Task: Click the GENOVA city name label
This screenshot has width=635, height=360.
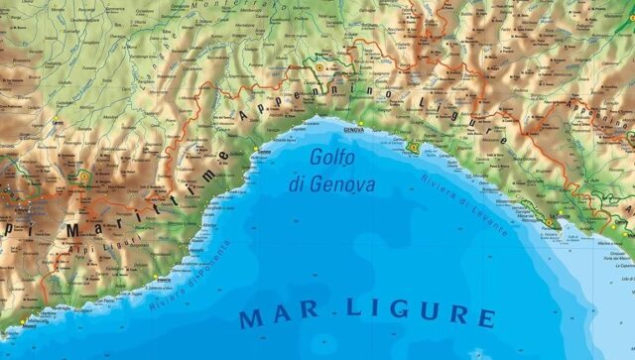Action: (353, 130)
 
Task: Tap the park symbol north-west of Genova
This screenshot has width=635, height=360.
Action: (323, 66)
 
